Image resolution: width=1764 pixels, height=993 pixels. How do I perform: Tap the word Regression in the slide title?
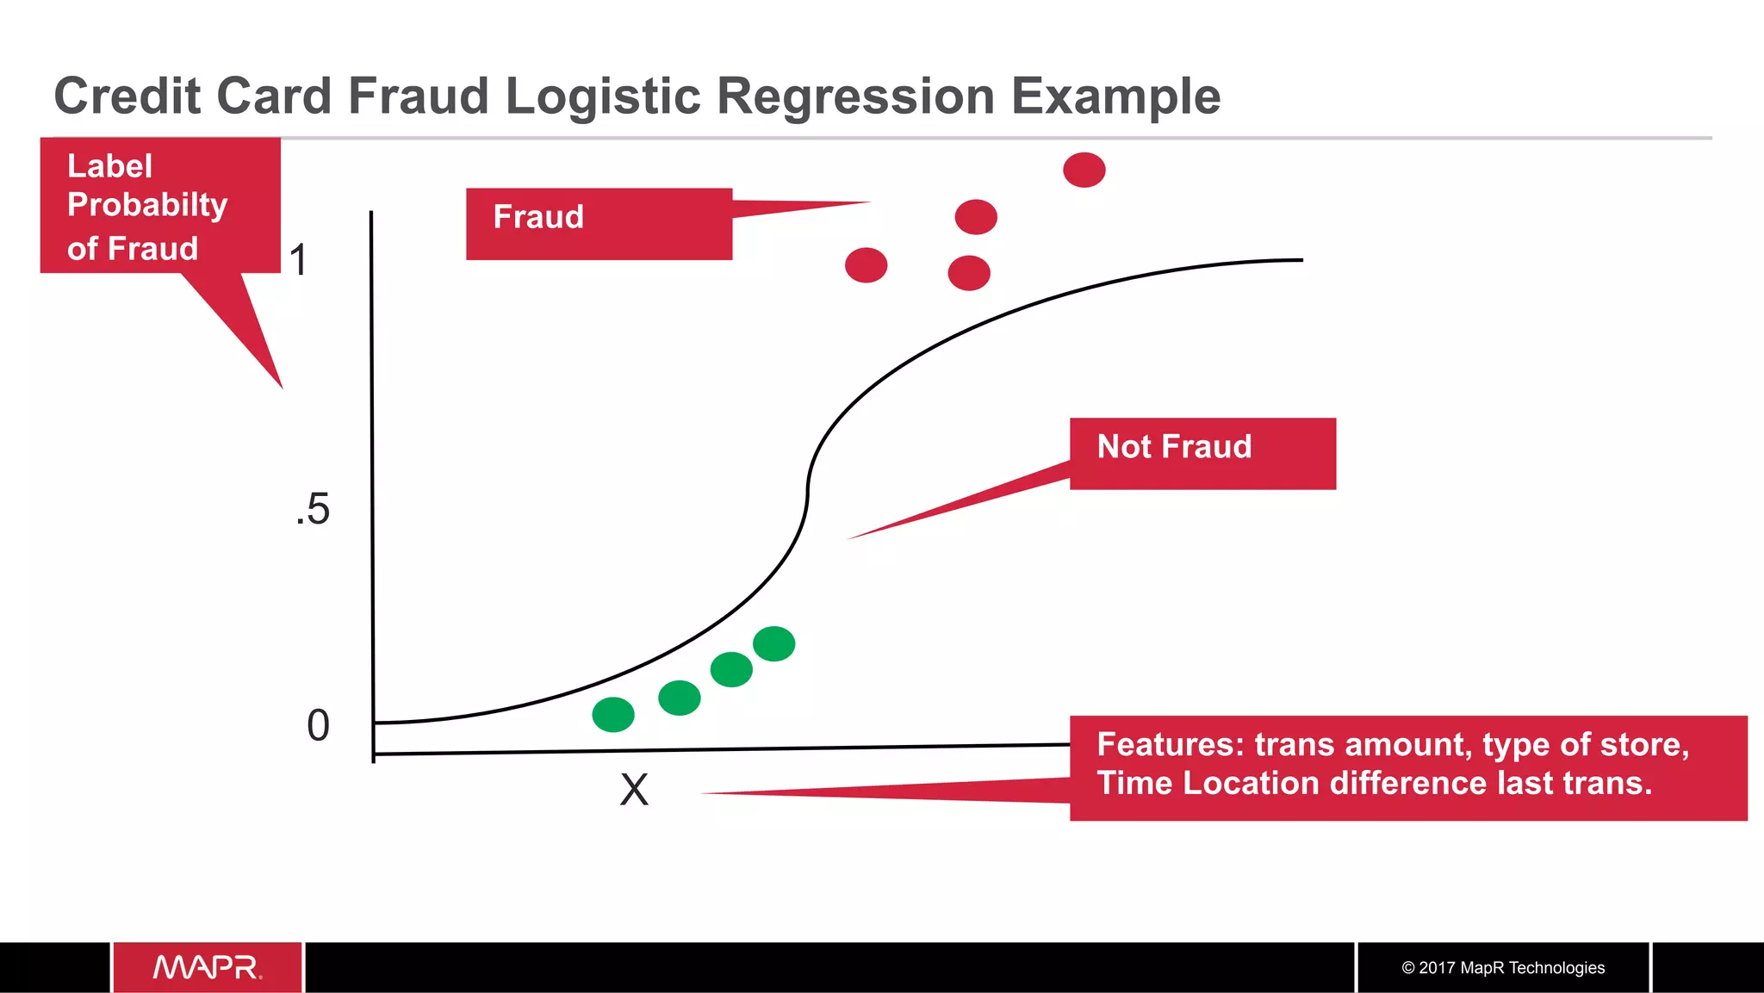click(x=855, y=96)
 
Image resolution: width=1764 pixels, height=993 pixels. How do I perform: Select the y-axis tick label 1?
click(x=298, y=260)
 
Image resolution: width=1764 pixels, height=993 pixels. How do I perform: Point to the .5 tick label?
click(x=313, y=510)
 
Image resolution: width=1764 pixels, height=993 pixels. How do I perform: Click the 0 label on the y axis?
click(x=318, y=726)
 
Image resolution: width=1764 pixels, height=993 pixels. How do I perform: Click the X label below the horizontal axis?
click(x=634, y=790)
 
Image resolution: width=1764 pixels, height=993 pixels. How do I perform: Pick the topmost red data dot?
click(x=1084, y=170)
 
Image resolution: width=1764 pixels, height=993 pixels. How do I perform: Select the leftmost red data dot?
click(x=866, y=265)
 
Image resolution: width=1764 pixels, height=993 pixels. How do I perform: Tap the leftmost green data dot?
click(x=613, y=715)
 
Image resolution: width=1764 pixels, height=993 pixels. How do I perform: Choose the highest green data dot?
click(x=773, y=644)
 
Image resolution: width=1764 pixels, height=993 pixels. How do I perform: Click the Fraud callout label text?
click(x=538, y=217)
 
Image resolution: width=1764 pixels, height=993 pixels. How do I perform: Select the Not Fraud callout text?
click(x=1174, y=447)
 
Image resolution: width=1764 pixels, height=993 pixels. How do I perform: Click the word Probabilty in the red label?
click(x=147, y=206)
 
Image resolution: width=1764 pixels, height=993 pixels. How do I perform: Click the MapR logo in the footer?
click(x=208, y=967)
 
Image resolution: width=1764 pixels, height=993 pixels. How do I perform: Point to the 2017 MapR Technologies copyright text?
click(x=1503, y=968)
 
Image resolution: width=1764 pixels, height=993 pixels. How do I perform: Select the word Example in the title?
click(x=1115, y=96)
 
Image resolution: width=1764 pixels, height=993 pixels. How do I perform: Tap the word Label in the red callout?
click(x=109, y=166)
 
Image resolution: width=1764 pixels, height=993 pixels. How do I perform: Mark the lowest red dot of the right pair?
click(x=969, y=273)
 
